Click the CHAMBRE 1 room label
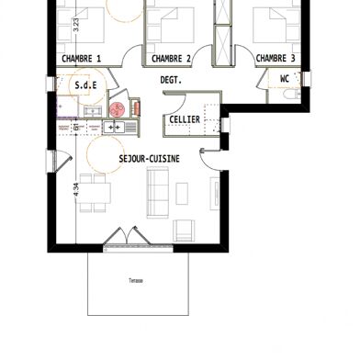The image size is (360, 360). click(x=81, y=59)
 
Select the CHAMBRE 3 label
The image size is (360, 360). click(x=276, y=59)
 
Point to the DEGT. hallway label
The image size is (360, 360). click(x=170, y=81)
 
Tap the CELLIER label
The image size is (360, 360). click(x=185, y=120)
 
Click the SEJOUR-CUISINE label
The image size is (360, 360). click(x=149, y=158)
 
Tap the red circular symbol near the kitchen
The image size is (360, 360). click(x=116, y=110)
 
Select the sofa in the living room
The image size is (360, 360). click(x=157, y=191)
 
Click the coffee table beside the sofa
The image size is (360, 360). click(x=182, y=193)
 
